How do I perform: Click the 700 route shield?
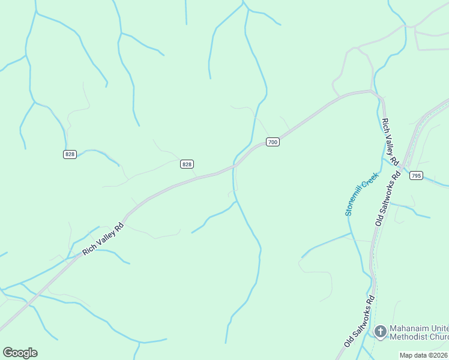(273, 142)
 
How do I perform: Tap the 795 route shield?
(416, 176)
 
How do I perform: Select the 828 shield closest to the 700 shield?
(187, 164)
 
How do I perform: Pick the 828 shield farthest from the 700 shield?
(70, 154)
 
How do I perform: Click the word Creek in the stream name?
(370, 179)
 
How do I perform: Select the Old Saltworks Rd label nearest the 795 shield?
(388, 199)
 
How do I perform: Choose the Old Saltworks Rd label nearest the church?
(360, 320)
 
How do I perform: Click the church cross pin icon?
(380, 331)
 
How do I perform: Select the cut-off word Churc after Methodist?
(441, 337)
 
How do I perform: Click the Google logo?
(20, 353)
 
